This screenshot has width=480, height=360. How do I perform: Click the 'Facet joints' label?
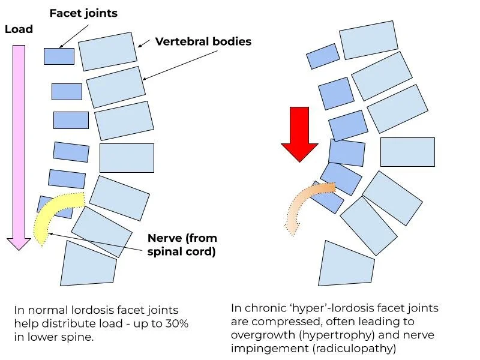[83, 13]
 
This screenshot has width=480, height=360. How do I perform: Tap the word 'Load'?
[19, 29]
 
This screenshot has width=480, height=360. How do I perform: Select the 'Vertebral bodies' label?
[203, 41]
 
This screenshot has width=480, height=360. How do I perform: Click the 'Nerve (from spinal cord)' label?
[182, 245]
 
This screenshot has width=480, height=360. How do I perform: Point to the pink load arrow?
[19, 147]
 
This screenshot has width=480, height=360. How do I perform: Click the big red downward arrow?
[299, 134]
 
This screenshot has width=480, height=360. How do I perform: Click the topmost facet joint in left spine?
[59, 56]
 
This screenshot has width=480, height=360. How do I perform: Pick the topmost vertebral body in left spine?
[107, 52]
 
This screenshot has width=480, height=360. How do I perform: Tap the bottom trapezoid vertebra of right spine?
[346, 265]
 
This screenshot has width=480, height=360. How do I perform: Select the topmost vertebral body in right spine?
[368, 40]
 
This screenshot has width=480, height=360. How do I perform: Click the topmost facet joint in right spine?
[323, 56]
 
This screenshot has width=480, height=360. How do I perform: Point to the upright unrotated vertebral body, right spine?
[407, 152]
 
